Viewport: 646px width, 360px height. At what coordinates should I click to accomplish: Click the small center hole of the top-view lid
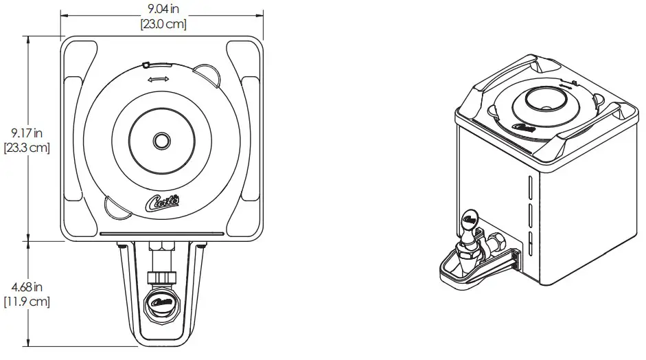[162, 140]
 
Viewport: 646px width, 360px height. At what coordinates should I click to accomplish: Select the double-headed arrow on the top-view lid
[158, 80]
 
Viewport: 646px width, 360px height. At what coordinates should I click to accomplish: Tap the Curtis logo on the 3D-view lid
[524, 128]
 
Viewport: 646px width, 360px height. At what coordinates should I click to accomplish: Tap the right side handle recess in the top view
[251, 141]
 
